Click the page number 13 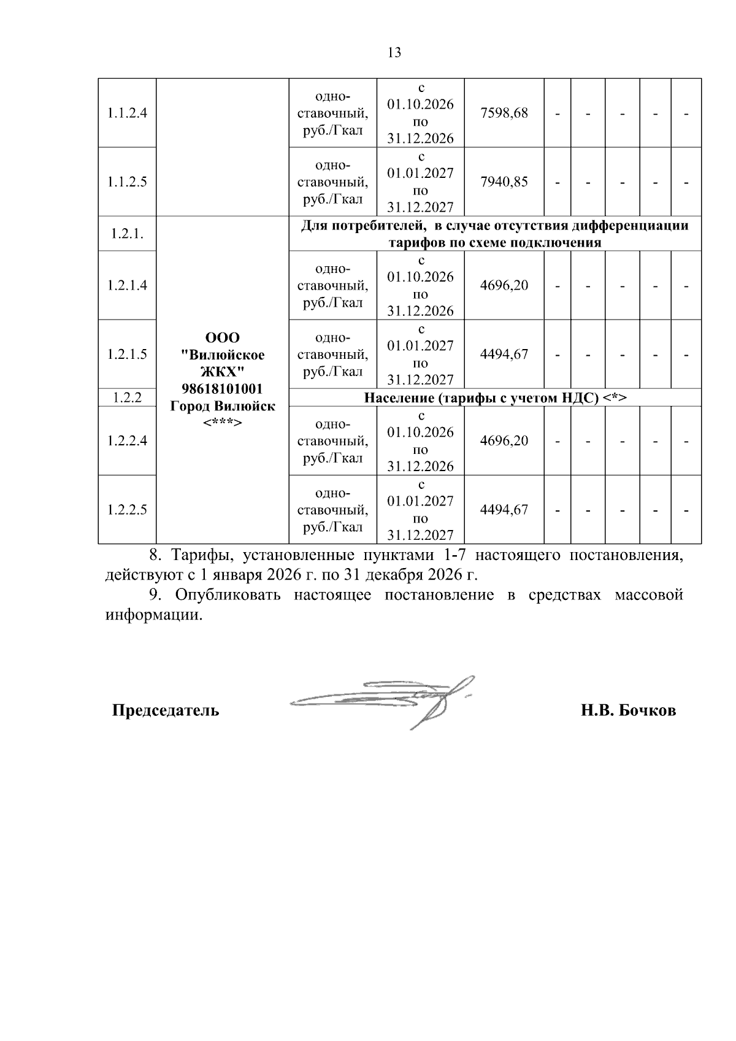[394, 53]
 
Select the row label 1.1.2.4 [127, 113]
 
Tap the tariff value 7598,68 [504, 113]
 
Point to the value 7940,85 [504, 182]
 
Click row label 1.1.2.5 [127, 182]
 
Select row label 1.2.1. [127, 234]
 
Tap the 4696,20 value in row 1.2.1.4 [504, 286]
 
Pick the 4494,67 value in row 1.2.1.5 [504, 355]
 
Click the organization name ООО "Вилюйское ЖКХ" [222, 355]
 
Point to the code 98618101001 [222, 389]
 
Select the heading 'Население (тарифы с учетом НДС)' [494, 398]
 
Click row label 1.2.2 [127, 398]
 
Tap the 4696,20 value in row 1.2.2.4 [504, 441]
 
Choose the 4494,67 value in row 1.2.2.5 [504, 510]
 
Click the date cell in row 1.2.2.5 [420, 510]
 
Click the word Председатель [165, 711]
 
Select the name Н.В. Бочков [628, 711]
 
